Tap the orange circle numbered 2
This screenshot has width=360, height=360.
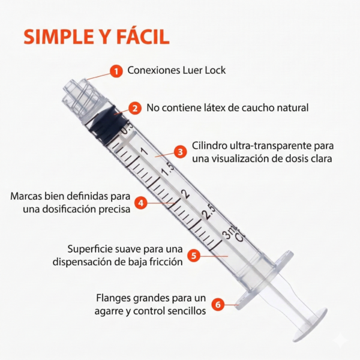pos(136,109)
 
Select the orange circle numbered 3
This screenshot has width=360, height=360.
pos(180,152)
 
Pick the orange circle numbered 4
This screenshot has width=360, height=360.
pos(140,203)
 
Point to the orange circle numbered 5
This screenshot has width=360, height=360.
pos(193,254)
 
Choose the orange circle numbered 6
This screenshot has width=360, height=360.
pos(218,305)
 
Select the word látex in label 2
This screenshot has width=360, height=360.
pos(220,108)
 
